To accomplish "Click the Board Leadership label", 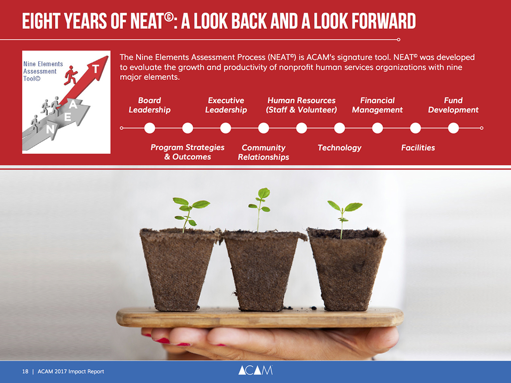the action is [x=150, y=105].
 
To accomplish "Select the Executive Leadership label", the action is [x=226, y=105].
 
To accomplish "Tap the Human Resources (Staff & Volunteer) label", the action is [x=301, y=105].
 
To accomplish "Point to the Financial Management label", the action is [x=377, y=105].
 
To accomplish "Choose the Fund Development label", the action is [x=453, y=105].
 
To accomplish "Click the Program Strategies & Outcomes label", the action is [x=187, y=152].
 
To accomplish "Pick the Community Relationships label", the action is [x=263, y=152].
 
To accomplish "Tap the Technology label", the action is [x=340, y=148].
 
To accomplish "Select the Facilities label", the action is [x=418, y=148].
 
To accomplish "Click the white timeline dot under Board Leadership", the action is [x=150, y=128].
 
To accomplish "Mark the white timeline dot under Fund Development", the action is [x=453, y=128].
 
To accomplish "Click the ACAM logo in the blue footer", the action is [x=255, y=370].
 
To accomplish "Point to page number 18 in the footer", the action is [x=25, y=371].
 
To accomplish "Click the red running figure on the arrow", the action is [x=71, y=75].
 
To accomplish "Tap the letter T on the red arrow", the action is [x=95, y=69].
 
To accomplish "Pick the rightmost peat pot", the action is [x=347, y=269].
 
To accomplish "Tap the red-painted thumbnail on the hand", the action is [x=163, y=341].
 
